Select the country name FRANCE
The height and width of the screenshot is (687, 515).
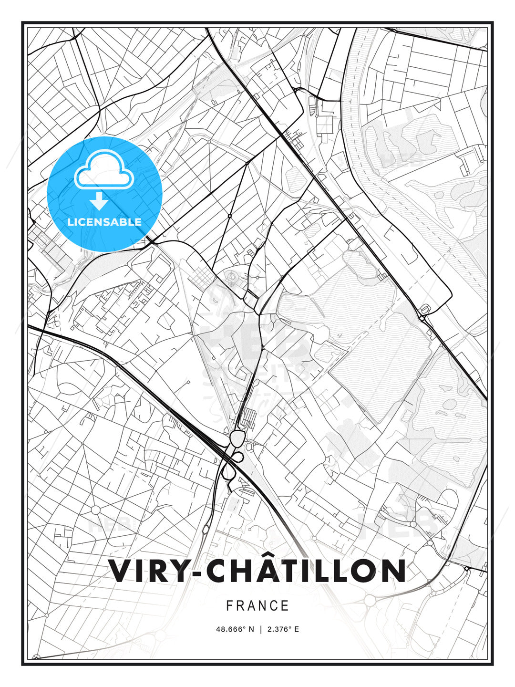click(x=257, y=606)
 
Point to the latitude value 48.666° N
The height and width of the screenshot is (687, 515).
click(x=235, y=629)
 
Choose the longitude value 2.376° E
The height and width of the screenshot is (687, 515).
click(x=283, y=629)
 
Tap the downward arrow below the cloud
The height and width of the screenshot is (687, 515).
click(x=99, y=201)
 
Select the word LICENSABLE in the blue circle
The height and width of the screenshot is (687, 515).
click(x=104, y=222)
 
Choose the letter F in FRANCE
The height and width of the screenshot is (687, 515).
click(x=229, y=606)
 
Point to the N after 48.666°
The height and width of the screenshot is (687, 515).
click(x=251, y=629)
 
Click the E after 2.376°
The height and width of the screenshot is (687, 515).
click(x=296, y=629)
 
